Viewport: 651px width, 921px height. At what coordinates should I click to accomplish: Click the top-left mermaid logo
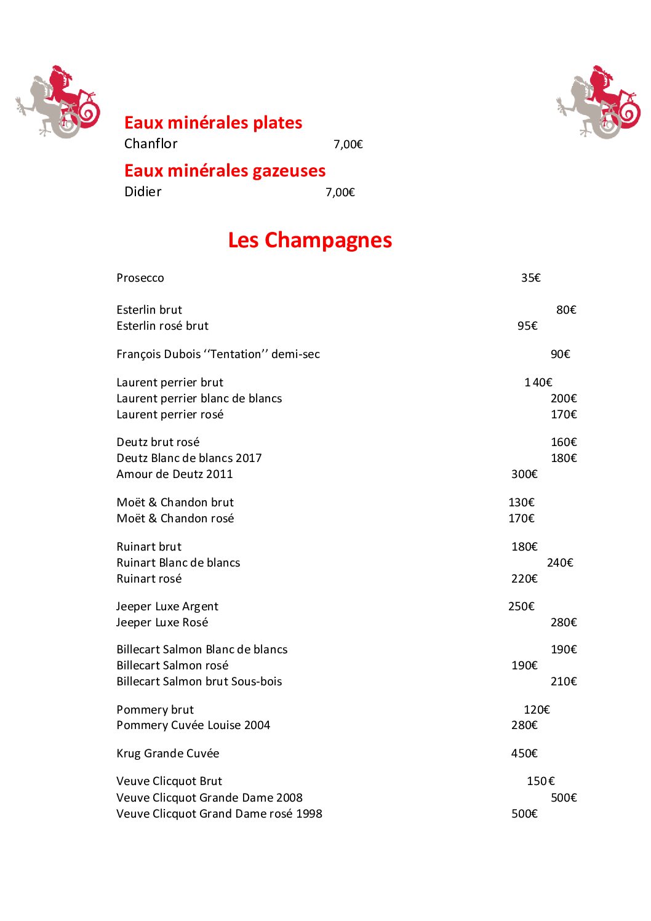[x=58, y=102]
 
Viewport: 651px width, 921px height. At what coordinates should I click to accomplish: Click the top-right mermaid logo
[x=599, y=102]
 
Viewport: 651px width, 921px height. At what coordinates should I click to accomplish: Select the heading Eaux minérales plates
[x=213, y=122]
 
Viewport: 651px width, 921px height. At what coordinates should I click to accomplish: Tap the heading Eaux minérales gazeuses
[x=225, y=170]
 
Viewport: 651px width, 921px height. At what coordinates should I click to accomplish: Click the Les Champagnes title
[x=310, y=240]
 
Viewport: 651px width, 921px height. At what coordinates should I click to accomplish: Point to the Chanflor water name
[x=151, y=144]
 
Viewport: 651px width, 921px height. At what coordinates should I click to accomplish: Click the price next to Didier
[x=340, y=193]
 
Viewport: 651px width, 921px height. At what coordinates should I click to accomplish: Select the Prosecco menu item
[x=140, y=278]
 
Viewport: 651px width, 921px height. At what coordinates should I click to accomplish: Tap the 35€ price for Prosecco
[x=530, y=278]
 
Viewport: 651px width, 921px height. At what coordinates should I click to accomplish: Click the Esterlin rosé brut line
[x=162, y=326]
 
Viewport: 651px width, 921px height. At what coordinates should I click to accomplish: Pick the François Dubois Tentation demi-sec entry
[x=218, y=354]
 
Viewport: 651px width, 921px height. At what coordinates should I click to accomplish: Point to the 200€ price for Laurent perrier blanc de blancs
[x=564, y=399]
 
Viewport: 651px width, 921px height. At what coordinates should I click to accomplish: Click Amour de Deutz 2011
[x=175, y=474]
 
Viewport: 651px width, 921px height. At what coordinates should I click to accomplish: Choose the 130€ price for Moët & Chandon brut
[x=521, y=503]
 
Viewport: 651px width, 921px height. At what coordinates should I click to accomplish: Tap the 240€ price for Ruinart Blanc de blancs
[x=560, y=563]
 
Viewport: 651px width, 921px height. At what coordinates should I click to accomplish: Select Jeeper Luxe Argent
[x=167, y=607]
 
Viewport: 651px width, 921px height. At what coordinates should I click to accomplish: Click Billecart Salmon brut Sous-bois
[x=199, y=682]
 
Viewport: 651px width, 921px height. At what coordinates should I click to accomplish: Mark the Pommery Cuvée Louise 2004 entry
[x=193, y=725]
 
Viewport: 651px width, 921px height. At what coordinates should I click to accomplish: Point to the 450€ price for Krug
[x=524, y=754]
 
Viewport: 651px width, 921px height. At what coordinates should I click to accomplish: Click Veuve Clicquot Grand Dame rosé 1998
[x=219, y=814]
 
